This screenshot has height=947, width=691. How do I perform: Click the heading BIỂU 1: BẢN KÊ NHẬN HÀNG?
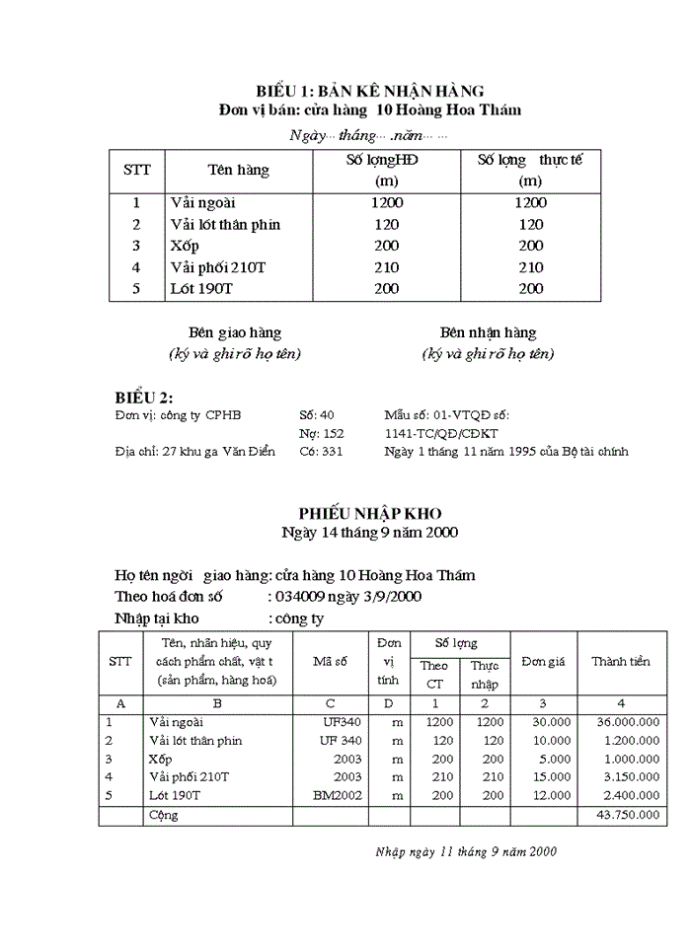coord(369,91)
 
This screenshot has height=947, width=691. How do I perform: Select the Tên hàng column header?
coord(238,170)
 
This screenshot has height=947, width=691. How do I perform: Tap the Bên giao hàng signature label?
coord(235,333)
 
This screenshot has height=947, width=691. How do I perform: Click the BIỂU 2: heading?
coord(144,397)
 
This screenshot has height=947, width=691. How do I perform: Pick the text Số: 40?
coord(316,415)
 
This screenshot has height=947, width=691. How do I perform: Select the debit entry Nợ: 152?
coord(321,433)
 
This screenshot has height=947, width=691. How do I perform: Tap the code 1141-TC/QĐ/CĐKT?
coord(441,433)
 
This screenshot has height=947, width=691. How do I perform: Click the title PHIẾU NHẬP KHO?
coord(370,513)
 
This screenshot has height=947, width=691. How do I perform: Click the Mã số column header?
coord(330,662)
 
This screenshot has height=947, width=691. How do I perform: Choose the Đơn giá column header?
coord(543,662)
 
